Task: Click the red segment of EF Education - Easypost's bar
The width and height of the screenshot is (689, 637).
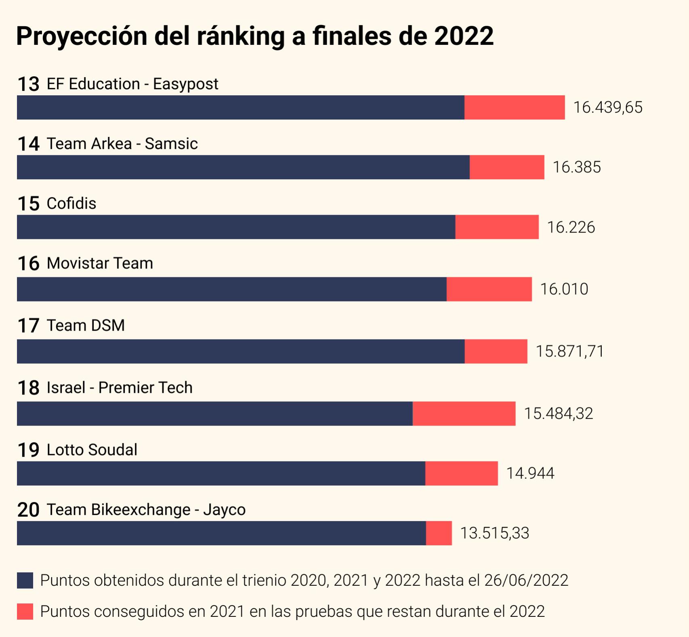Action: pos(514,107)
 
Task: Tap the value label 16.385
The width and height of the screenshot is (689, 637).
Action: pos(576,167)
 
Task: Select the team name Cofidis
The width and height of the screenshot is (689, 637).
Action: pos(71,203)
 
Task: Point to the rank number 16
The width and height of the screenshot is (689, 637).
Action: pos(28,264)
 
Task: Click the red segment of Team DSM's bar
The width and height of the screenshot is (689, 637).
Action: pos(496,351)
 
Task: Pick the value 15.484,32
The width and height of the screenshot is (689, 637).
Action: pos(558,413)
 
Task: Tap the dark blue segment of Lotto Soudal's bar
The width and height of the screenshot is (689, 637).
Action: pos(221,473)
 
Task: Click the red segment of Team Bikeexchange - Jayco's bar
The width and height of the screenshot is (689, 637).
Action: pos(439,533)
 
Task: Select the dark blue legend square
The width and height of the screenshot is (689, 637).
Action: pos(25,580)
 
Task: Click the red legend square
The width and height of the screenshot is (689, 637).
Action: pos(25,612)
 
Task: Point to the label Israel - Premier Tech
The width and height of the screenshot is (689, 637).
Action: pos(120,388)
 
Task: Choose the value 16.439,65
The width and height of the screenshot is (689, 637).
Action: pos(607,107)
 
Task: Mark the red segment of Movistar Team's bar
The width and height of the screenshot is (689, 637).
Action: pos(489,289)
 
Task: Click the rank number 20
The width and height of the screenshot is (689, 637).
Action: pos(28,510)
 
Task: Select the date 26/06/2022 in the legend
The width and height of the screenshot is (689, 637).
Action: pos(526,580)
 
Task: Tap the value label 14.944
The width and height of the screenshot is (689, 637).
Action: pos(530,473)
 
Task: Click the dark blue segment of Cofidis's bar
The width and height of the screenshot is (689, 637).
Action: pos(236,227)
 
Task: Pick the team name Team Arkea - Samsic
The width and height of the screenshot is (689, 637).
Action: pos(122,144)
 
